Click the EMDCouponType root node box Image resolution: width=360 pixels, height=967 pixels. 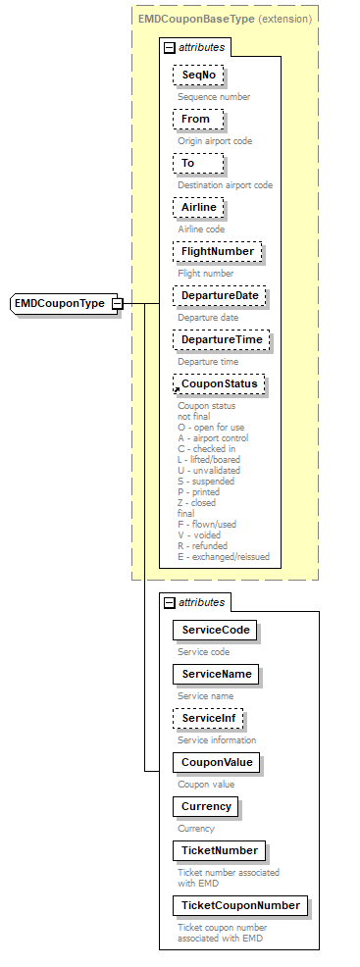(59, 303)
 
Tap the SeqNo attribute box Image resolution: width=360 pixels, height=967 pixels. (197, 75)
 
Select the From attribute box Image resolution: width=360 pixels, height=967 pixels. (196, 119)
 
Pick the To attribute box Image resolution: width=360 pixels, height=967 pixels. (188, 163)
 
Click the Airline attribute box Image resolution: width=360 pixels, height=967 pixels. (199, 207)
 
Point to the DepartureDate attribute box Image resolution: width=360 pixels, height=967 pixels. (221, 295)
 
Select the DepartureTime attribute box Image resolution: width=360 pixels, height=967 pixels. (221, 339)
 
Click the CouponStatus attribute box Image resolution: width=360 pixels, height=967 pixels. (220, 383)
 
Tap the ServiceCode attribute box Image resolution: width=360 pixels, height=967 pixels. (214, 630)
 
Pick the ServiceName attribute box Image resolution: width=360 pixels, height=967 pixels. (215, 674)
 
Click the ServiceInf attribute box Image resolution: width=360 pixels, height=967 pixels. (208, 718)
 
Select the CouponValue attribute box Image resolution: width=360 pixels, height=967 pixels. (216, 762)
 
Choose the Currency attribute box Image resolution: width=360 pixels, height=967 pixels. (206, 806)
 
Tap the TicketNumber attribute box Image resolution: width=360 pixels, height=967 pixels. (219, 850)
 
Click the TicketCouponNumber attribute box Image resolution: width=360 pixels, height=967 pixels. (239, 904)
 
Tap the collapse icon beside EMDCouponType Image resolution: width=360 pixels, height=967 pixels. (117, 303)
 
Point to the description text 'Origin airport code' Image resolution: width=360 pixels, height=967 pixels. (215, 141)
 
